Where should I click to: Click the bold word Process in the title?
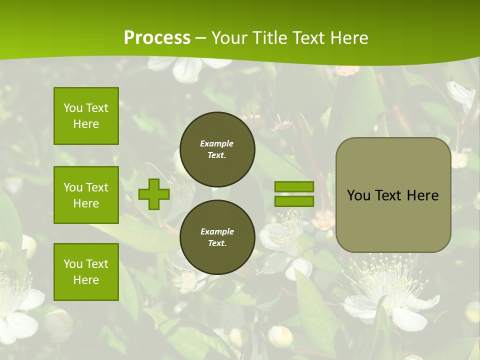coord(157,38)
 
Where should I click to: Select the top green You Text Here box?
coord(86,116)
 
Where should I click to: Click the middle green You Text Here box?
coord(86,195)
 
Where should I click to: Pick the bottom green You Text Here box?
coord(86,272)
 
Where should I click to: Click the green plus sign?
coord(154,194)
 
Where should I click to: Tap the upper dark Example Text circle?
coord(217,149)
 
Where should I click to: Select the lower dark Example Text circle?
coord(217,237)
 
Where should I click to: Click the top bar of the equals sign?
coord(294,187)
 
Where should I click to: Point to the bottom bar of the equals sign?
coord(294,201)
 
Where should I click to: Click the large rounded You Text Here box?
coord(393,195)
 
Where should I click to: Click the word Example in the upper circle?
coord(217,143)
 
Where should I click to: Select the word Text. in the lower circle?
coord(217,243)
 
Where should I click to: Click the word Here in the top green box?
coord(86,124)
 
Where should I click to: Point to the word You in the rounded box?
coord(358,195)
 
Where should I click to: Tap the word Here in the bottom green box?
coord(86,280)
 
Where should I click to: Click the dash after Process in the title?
coord(201,38)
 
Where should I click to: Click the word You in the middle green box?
coord(73,187)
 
